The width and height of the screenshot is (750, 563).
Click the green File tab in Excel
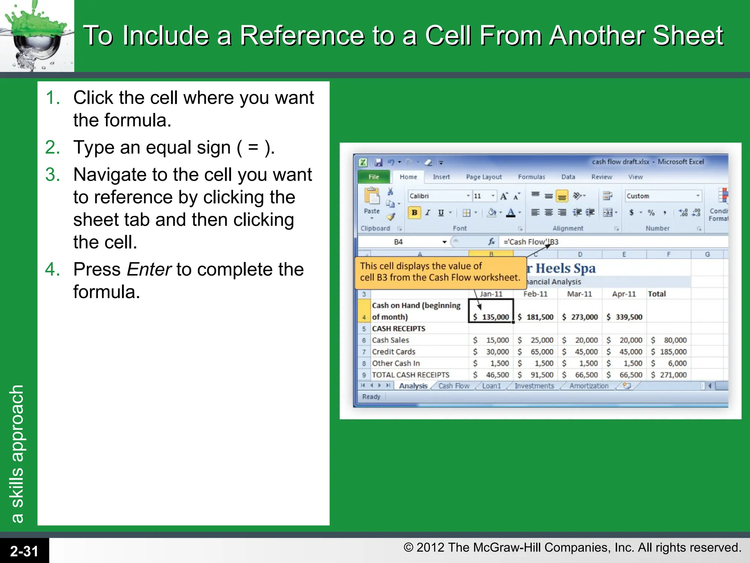(374, 177)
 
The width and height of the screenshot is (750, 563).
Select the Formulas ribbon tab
(531, 177)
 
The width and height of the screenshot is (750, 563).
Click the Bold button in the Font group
(414, 213)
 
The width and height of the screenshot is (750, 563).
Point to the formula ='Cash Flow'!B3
(531, 242)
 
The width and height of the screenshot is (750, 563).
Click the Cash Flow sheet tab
(454, 386)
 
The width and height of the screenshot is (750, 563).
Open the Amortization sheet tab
(589, 386)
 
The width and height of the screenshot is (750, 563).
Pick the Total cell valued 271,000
(669, 375)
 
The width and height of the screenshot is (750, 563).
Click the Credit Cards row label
(394, 352)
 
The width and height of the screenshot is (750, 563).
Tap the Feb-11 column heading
(535, 294)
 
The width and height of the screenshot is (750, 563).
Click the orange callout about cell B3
(439, 272)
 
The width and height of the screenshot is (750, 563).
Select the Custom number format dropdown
(663, 196)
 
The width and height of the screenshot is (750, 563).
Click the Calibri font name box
(438, 196)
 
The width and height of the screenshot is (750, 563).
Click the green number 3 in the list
(52, 174)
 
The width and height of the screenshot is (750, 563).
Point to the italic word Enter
(149, 269)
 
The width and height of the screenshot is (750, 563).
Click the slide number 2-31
(24, 551)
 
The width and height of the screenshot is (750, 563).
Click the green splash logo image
(37, 36)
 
